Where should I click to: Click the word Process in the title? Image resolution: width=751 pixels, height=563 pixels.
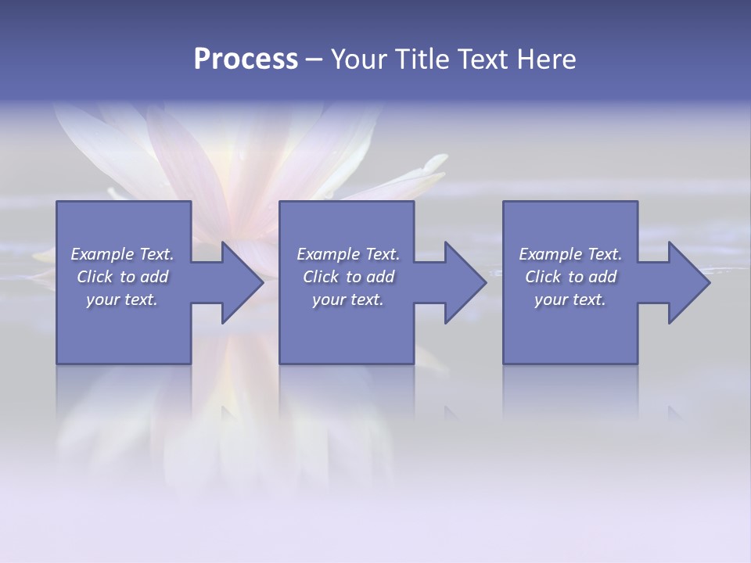246,59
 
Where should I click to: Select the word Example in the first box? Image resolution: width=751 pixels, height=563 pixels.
102,254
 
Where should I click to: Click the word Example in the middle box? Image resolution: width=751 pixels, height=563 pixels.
328,254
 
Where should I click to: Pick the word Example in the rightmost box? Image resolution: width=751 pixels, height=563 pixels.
550,254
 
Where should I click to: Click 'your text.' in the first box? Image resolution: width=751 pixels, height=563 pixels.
122,299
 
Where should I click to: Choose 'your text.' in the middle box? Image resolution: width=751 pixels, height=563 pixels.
347,299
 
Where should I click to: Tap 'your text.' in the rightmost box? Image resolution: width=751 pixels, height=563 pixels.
570,299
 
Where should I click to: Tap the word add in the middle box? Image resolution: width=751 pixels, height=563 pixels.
380,277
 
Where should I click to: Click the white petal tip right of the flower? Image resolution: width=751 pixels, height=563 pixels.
433,162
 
